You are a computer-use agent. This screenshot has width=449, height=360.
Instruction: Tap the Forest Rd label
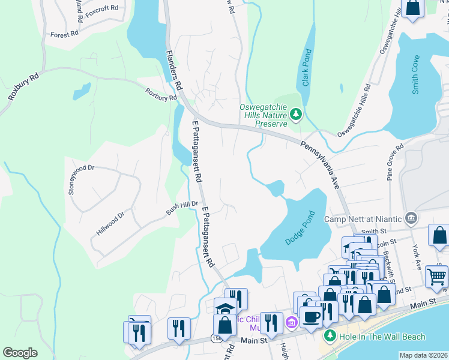pyautogui.click(x=65, y=35)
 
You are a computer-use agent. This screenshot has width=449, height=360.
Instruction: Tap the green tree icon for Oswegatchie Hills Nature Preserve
pyautogui.click(x=295, y=113)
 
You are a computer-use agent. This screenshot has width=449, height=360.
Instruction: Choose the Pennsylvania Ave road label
pyautogui.click(x=320, y=165)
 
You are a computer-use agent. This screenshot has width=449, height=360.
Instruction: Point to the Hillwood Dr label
pyautogui.click(x=110, y=223)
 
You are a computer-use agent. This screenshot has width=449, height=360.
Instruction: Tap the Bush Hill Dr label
pyautogui.click(x=182, y=208)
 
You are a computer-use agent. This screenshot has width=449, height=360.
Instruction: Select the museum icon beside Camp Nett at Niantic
pyautogui.click(x=411, y=217)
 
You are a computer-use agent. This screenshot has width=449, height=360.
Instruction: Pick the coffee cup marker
pyautogui.click(x=312, y=317)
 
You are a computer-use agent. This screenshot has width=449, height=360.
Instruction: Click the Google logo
pyautogui.click(x=20, y=352)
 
